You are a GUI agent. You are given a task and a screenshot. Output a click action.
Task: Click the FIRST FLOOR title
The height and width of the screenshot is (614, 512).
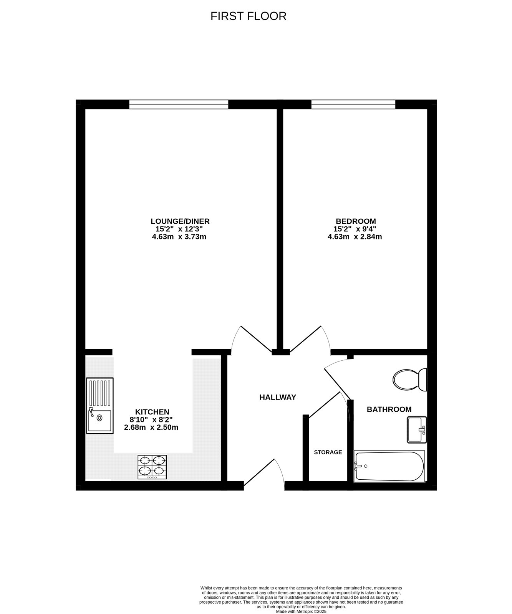pyautogui.click(x=249, y=16)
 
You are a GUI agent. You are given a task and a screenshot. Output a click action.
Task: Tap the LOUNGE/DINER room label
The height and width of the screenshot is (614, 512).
pyautogui.click(x=180, y=221)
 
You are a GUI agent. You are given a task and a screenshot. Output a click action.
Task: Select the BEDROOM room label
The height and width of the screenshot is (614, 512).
pyautogui.click(x=356, y=221)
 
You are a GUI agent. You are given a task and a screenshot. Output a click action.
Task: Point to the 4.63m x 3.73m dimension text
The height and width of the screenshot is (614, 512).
pyautogui.click(x=179, y=237)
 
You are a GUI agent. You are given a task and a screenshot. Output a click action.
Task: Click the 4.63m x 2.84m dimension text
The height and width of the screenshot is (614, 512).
pyautogui.click(x=355, y=237)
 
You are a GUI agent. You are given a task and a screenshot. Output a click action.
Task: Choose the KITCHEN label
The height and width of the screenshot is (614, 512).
pyautogui.click(x=152, y=412)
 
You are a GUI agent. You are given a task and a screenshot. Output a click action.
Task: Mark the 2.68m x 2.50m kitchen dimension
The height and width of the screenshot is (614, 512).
pyautogui.click(x=151, y=427)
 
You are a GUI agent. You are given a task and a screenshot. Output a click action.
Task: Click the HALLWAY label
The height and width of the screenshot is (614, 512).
pyautogui.click(x=278, y=398)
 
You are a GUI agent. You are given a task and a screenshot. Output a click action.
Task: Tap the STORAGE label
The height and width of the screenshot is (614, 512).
pyautogui.click(x=328, y=452)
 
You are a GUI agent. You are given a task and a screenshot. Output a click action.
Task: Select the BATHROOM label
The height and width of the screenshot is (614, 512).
pyautogui.click(x=389, y=409)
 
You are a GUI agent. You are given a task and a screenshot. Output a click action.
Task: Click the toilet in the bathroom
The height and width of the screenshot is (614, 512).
pyautogui.click(x=410, y=380)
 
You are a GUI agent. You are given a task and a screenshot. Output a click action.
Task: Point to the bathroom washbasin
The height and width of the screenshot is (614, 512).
pyautogui.click(x=417, y=429)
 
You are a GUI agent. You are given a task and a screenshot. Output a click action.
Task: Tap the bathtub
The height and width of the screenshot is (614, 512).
pyautogui.click(x=389, y=466)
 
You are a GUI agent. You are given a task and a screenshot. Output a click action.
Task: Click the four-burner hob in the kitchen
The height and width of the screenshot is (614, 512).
pyautogui.click(x=152, y=467)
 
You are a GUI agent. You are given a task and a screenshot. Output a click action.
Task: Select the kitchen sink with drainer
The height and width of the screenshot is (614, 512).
pyautogui.click(x=100, y=406)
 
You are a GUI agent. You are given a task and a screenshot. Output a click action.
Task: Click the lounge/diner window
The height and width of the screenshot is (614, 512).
pyautogui.click(x=179, y=104)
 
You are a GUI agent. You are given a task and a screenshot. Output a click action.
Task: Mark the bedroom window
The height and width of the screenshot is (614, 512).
pyautogui.click(x=353, y=104)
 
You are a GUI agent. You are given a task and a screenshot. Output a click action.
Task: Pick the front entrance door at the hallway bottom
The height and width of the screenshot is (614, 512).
pyautogui.click(x=263, y=473)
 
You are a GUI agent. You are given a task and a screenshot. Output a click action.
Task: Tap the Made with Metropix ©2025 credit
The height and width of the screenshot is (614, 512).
pyautogui.click(x=301, y=612)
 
